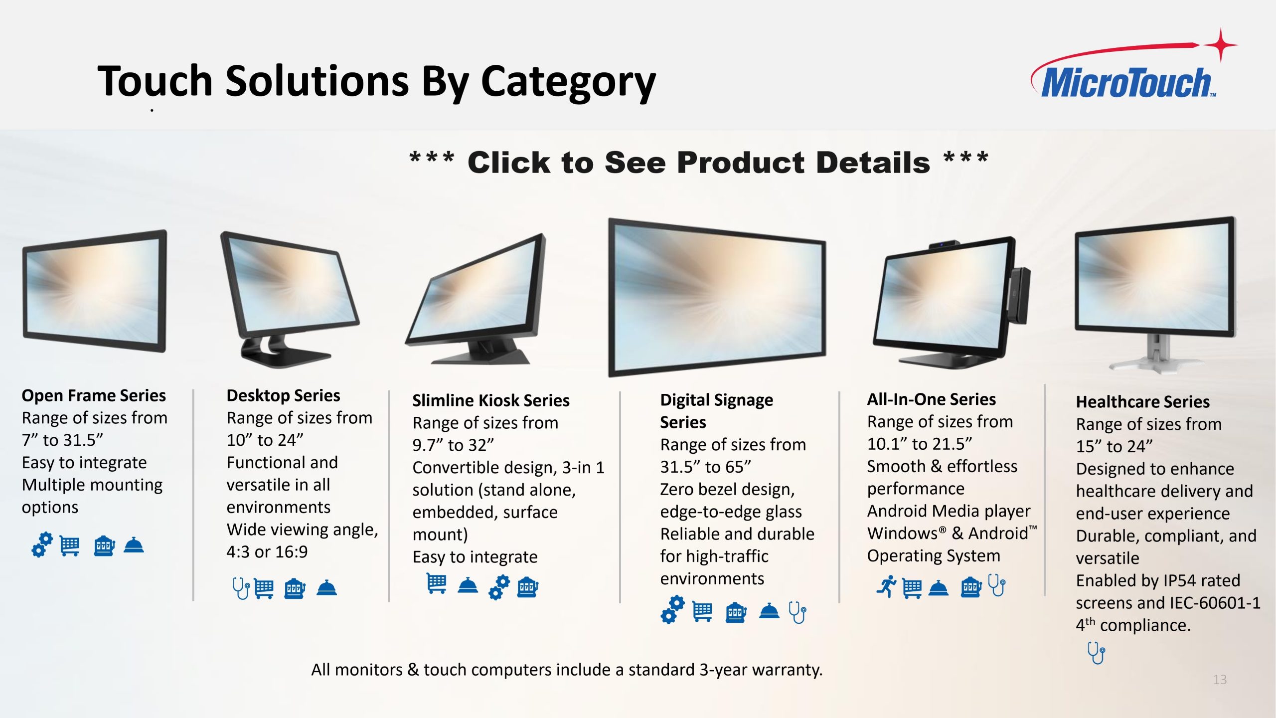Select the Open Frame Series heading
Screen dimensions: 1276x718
point(94,395)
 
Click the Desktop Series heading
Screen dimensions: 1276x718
point(283,395)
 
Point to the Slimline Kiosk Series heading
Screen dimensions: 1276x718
point(491,400)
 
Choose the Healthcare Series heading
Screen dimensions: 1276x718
point(1143,402)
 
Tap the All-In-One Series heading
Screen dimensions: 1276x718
point(932,399)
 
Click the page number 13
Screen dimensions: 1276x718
point(1220,680)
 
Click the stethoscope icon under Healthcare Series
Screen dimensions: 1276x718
point(1096,653)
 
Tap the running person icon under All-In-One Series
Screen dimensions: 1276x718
point(887,586)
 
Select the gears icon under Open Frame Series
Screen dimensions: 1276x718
point(42,544)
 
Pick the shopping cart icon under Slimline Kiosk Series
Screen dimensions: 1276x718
point(437,583)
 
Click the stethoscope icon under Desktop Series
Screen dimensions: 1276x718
point(241,588)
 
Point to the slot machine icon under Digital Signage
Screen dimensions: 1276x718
point(736,612)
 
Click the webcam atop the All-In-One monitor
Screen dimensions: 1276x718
point(944,244)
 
